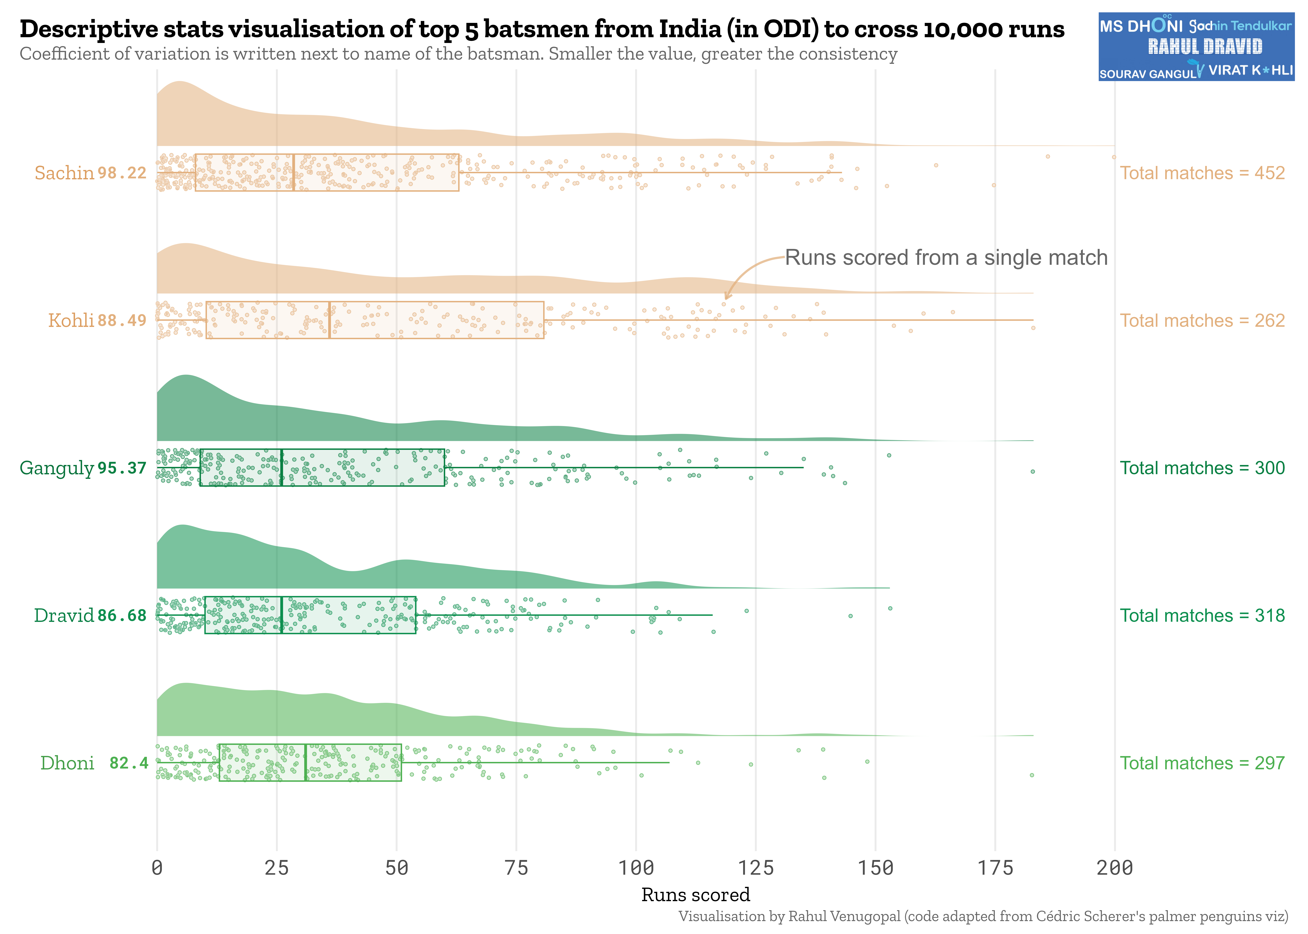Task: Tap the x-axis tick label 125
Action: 755,867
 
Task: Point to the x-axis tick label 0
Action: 157,867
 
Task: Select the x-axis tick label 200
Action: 1114,867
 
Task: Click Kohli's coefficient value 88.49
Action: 122,320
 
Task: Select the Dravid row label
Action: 63,615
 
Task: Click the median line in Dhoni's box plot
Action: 305,763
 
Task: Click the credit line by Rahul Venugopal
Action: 982,916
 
